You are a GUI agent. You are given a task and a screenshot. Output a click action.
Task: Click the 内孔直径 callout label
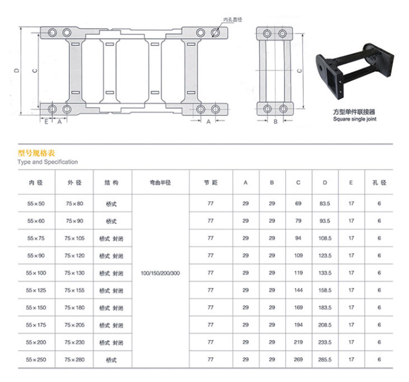[x=233, y=20]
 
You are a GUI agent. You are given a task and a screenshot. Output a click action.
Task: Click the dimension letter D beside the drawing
[x=17, y=71]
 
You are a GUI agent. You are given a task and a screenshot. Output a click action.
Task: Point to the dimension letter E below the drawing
[x=46, y=122]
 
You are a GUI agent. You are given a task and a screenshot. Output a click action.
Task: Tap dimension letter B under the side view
[x=276, y=122]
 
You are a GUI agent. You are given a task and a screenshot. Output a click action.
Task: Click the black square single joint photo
[x=355, y=71]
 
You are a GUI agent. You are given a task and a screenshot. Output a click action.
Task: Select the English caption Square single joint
[x=355, y=119]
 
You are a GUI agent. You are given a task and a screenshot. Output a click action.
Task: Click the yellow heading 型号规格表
[x=36, y=153]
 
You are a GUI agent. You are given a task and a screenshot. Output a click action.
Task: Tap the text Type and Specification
[x=48, y=162]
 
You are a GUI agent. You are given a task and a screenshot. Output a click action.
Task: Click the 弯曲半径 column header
[x=160, y=183]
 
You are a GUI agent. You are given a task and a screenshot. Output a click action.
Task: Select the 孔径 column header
[x=379, y=183]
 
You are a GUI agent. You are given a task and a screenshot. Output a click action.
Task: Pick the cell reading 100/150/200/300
[x=160, y=273]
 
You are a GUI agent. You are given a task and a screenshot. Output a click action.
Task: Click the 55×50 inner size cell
[x=36, y=204]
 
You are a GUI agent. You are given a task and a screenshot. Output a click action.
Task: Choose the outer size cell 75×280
[x=75, y=360]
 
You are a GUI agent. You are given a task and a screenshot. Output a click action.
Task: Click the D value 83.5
[x=325, y=204]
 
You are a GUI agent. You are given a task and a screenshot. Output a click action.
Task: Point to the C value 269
[x=298, y=360]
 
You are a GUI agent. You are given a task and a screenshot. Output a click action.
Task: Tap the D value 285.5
[x=325, y=360]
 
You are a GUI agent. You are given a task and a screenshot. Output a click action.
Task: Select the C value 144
[x=298, y=290]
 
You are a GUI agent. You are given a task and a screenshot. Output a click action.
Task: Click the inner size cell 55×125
[x=36, y=290]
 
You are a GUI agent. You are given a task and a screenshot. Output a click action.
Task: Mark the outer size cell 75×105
[x=75, y=238]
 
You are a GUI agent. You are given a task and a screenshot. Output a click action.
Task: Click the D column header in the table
[x=325, y=183]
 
